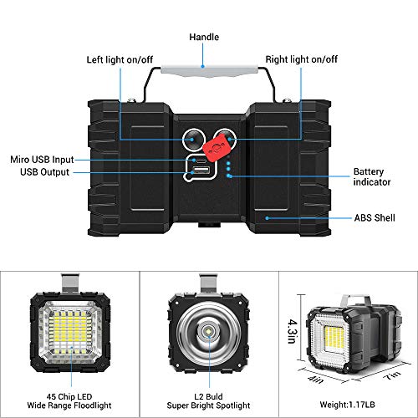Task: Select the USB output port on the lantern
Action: [x=201, y=172]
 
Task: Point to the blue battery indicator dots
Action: [x=228, y=166]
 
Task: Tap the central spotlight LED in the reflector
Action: [x=206, y=334]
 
